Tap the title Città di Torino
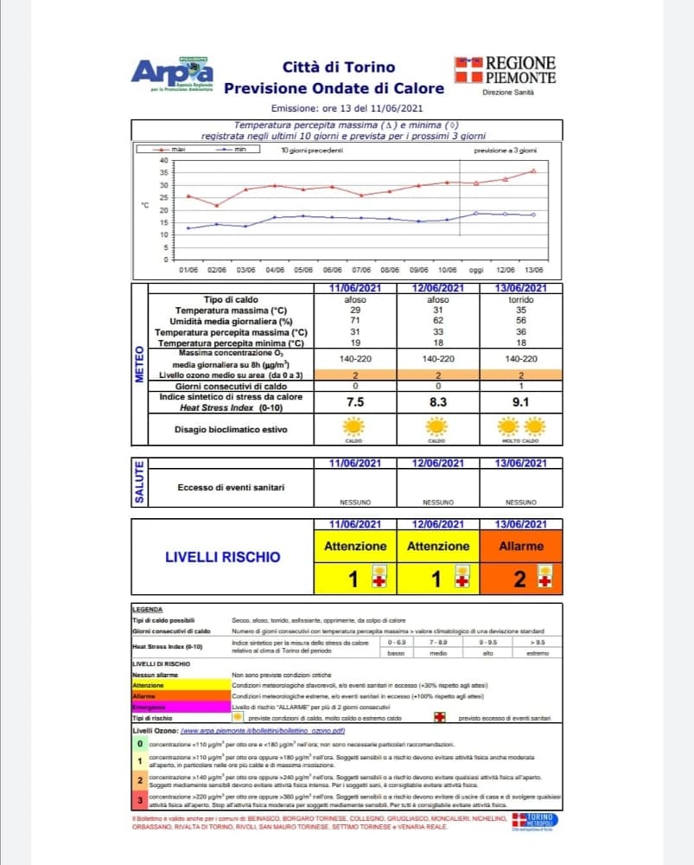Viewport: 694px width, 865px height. (338, 67)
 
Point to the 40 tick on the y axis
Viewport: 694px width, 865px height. (162, 160)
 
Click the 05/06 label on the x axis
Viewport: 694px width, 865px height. (303, 270)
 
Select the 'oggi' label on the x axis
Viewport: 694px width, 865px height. (475, 270)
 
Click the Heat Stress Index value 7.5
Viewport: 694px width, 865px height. (353, 402)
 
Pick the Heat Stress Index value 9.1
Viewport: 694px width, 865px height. (521, 402)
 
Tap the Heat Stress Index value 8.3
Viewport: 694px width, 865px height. (437, 402)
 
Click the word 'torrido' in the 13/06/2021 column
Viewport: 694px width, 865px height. (521, 299)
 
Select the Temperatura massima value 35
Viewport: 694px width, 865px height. (521, 310)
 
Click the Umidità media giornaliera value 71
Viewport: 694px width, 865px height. (353, 321)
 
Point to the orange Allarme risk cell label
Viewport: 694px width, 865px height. (521, 546)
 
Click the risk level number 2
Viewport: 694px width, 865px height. (519, 580)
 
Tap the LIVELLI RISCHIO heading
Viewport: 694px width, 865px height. (223, 557)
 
